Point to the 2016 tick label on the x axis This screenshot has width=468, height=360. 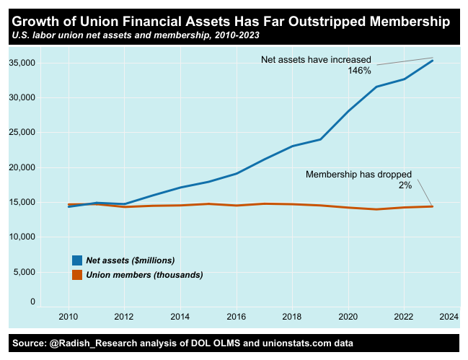point(236,317)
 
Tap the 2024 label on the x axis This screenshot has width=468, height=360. point(449,317)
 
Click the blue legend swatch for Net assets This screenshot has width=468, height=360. point(77,260)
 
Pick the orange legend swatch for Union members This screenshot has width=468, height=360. point(77,275)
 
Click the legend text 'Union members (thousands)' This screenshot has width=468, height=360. point(144,275)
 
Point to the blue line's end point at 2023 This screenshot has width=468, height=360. point(433,61)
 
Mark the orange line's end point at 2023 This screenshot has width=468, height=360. point(433,206)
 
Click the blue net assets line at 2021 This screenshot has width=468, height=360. point(376,87)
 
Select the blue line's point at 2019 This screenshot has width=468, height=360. point(320,139)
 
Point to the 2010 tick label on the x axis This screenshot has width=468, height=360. point(69,317)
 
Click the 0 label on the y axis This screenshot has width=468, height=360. point(32,302)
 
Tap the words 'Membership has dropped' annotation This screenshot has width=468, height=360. point(358,175)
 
